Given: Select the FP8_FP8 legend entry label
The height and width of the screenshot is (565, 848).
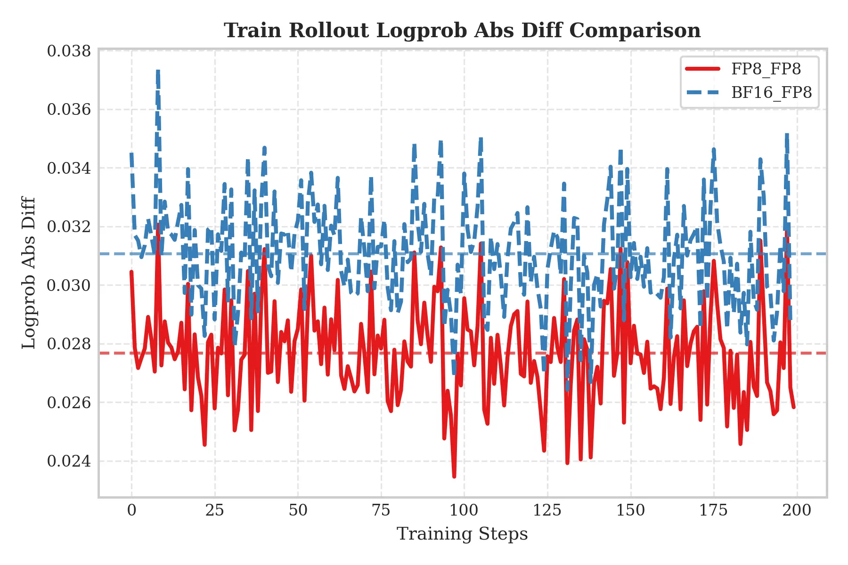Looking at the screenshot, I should (x=766, y=69).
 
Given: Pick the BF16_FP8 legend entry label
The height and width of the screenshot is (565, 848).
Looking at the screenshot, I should (x=771, y=92).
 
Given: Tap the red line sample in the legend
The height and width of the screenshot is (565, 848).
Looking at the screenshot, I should (x=702, y=69).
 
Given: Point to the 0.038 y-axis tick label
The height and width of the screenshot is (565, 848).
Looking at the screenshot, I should (x=69, y=51).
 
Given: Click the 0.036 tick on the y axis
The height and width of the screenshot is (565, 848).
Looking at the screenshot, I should (x=69, y=110).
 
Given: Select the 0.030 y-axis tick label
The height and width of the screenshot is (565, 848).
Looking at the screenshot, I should (x=69, y=285).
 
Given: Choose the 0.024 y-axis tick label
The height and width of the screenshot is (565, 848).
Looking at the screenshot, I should (x=69, y=461).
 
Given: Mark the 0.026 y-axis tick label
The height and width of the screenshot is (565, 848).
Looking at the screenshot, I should (x=69, y=403).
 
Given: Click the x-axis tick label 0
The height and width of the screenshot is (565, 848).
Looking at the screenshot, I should (x=131, y=510).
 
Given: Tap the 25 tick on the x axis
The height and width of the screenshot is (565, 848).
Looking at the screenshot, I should (x=215, y=510).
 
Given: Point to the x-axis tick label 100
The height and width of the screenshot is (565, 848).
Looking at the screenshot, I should (x=464, y=510).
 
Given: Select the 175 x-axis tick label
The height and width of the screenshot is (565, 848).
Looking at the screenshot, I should (x=713, y=510).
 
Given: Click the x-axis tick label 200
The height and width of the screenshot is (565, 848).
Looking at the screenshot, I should (x=797, y=510).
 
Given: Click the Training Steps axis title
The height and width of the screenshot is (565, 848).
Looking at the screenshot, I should (x=462, y=534).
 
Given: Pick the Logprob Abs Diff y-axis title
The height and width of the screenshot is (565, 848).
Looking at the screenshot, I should (x=29, y=273).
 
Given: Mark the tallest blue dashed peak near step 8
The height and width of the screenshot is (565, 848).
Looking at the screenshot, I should (x=158, y=72).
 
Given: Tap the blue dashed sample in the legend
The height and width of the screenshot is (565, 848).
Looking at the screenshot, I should (x=702, y=92).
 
